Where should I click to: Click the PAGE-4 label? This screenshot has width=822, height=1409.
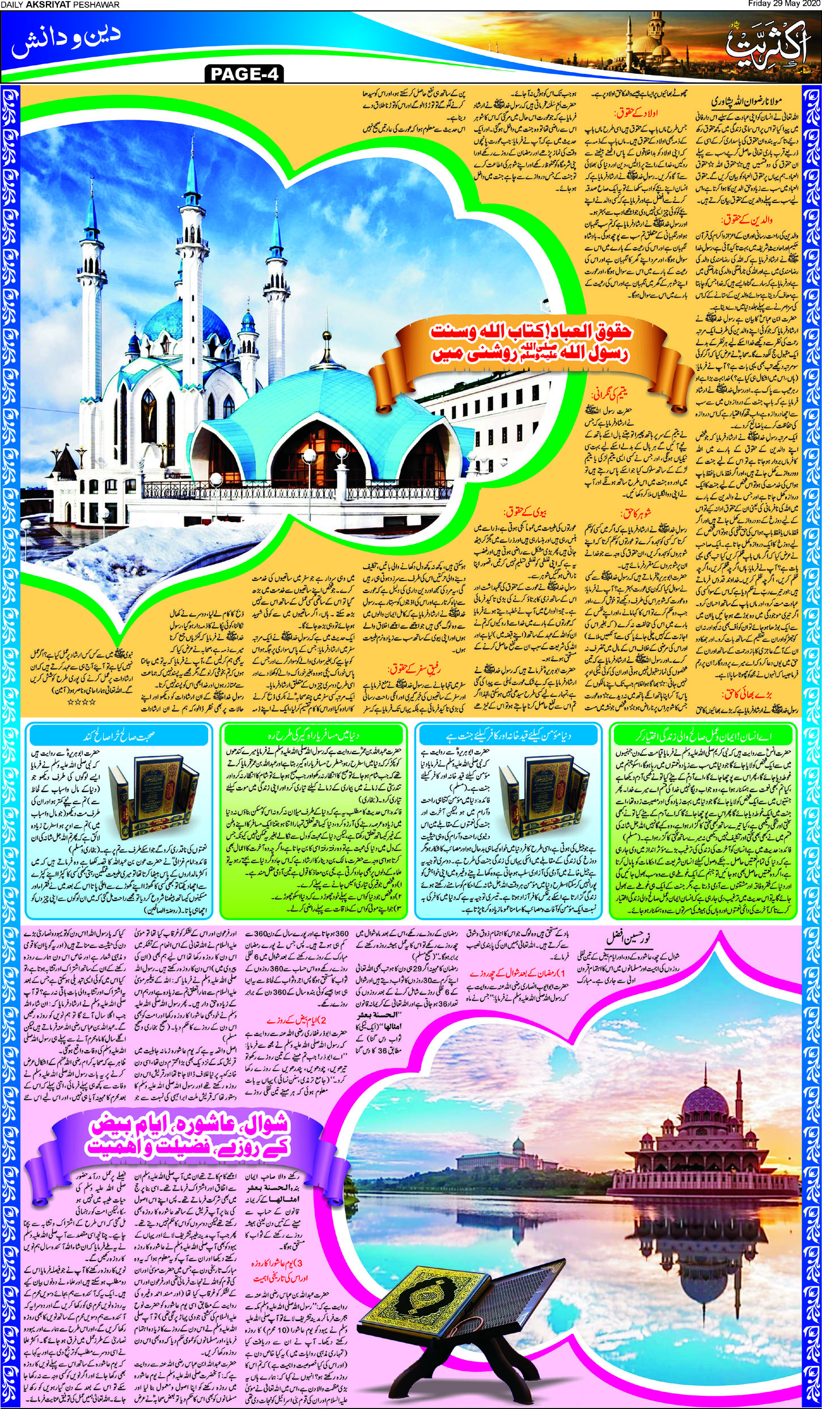click(245, 74)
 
